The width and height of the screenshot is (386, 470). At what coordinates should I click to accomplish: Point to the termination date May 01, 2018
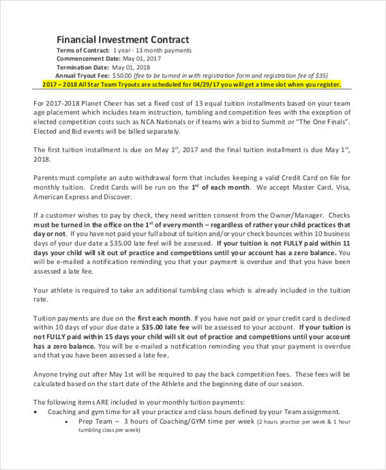coord(131,67)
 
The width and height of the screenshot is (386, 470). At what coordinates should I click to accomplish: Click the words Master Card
coord(308,188)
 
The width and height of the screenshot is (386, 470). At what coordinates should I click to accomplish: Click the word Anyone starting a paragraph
coord(47,374)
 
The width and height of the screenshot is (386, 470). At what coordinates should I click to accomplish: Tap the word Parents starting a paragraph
coord(47,178)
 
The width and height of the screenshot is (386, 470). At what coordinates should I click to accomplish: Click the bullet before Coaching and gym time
coord(37,411)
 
